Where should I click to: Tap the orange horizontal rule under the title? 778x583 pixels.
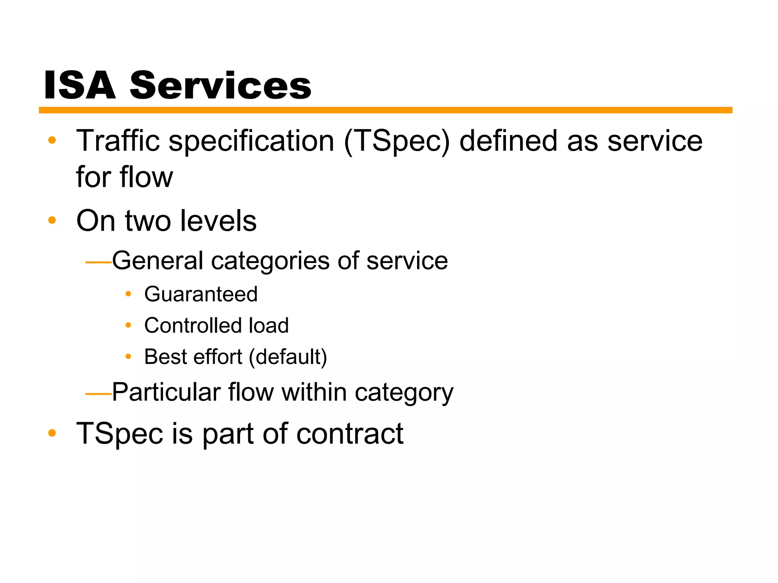click(385, 110)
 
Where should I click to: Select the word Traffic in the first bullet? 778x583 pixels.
click(118, 141)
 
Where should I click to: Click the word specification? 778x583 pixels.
click(251, 142)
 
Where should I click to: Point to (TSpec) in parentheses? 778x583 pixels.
click(397, 142)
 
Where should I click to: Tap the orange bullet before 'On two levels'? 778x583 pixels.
click(52, 220)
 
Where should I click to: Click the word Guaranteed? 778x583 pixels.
click(201, 294)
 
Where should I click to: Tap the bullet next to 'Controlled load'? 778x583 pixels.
click(128, 325)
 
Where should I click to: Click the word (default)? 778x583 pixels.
click(288, 357)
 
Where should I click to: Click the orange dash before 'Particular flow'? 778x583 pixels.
click(98, 394)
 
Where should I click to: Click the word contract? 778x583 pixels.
click(349, 433)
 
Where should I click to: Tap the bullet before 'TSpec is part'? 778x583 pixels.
click(52, 433)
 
